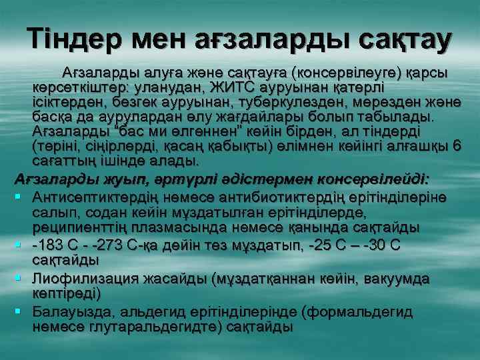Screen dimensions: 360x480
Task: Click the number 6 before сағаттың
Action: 455,147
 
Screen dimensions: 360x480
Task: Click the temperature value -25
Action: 327,245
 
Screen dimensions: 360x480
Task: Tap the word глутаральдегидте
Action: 165,327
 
